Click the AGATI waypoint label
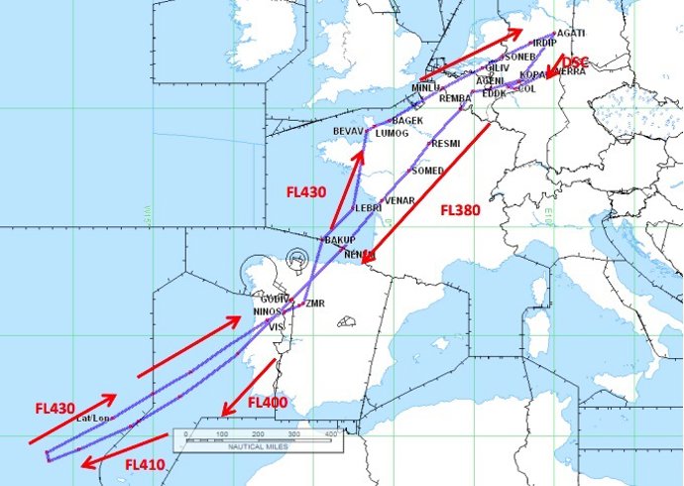572,33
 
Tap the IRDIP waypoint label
544,44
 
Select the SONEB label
520,57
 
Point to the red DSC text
575,62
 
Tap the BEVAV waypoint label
348,131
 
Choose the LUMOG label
393,133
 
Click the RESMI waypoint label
446,144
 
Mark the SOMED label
428,171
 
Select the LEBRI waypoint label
368,208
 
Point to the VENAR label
399,201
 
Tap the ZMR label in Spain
316,303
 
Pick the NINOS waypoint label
269,311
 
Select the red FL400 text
267,403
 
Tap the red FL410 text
145,463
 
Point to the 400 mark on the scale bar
330,435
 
